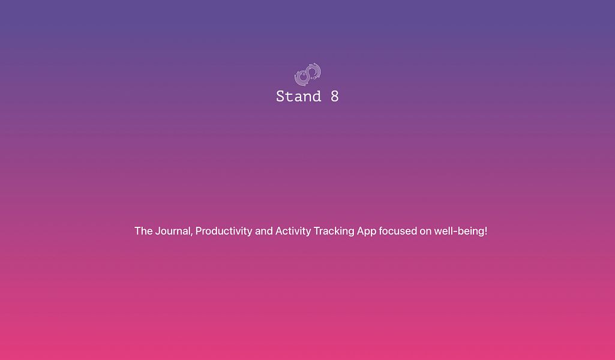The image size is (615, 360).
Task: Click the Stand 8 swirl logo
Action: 308,74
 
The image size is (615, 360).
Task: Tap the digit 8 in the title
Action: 334,97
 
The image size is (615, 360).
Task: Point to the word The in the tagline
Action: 143,231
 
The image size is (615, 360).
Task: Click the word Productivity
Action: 224,232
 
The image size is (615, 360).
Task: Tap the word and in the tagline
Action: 264,231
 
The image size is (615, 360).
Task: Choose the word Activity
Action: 293,232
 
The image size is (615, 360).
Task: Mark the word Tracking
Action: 334,232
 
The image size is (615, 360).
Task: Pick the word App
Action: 367,232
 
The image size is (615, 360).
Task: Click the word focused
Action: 398,231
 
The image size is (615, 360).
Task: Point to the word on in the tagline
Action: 425,232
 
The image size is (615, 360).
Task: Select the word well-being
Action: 459,232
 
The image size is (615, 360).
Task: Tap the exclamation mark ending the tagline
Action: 485,231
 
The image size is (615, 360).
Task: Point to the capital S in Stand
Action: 280,97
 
